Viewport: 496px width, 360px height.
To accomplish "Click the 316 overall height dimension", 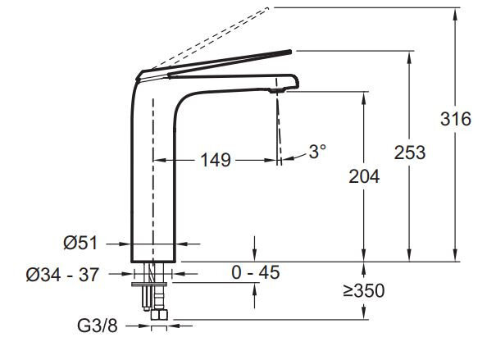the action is (456, 119).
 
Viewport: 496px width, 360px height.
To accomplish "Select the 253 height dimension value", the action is (410, 153).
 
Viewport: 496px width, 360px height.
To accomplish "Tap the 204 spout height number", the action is (364, 176).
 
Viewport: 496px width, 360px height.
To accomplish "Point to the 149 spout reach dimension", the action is (216, 160).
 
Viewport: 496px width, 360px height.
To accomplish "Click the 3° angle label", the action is (317, 151).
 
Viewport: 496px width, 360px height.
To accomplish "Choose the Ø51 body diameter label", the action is (80, 244).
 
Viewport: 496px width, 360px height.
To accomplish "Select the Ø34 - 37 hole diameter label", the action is (62, 274).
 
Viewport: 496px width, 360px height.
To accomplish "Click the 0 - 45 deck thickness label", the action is (256, 272).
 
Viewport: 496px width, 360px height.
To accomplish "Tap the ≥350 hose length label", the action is (364, 291).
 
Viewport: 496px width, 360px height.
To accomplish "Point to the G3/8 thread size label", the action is (98, 326).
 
